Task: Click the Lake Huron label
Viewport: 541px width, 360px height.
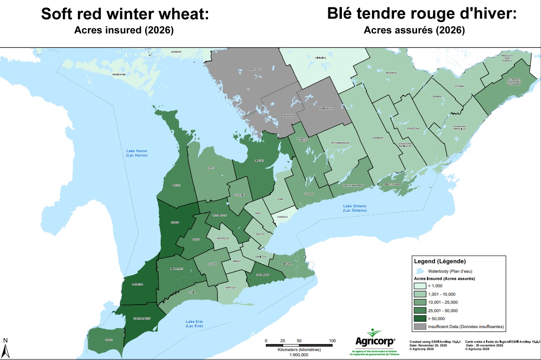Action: point(137,153)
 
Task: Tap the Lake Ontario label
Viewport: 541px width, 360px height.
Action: point(355,208)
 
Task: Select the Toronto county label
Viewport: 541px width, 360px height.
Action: point(282,217)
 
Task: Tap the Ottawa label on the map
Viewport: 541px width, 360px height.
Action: point(459,86)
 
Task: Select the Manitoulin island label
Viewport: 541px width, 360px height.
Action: point(119,75)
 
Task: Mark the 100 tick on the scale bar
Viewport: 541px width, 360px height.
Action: point(332,341)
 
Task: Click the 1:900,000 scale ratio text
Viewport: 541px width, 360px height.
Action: point(299,355)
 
